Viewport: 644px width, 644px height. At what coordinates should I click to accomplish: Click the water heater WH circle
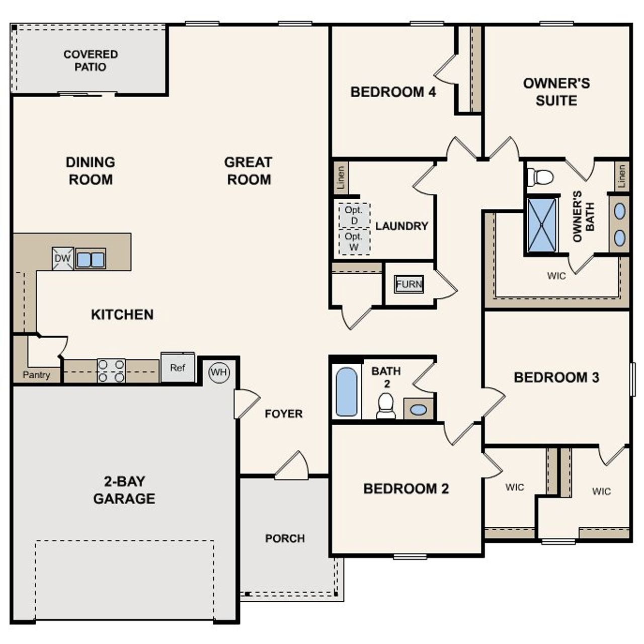point(219,372)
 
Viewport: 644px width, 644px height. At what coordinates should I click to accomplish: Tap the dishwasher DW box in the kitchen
point(63,259)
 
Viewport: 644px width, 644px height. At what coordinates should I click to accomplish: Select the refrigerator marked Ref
point(178,368)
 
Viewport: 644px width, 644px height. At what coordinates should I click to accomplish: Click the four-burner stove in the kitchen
point(111,371)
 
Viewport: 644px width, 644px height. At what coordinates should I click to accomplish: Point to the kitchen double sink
point(91,260)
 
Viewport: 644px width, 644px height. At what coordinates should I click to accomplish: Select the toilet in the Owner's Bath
point(540,177)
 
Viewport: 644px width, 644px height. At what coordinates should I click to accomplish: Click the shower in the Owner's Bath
point(542,224)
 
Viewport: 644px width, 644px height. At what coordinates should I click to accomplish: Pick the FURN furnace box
point(409,284)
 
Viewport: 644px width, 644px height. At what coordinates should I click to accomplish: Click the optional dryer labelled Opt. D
point(354,215)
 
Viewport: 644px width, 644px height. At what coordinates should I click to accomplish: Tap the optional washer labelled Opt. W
point(354,242)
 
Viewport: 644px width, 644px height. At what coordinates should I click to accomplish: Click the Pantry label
point(36,375)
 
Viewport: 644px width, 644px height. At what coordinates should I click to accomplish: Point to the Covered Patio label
point(91,60)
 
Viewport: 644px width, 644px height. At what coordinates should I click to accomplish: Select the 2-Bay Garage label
point(124,490)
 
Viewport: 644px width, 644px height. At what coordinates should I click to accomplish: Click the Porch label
point(285,538)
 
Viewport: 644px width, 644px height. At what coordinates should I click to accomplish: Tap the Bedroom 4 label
point(393,92)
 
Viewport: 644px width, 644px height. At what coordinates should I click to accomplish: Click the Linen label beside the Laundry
point(341,178)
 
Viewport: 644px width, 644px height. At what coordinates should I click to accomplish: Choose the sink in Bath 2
point(418,410)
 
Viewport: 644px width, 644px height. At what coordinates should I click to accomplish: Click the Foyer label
point(284,414)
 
